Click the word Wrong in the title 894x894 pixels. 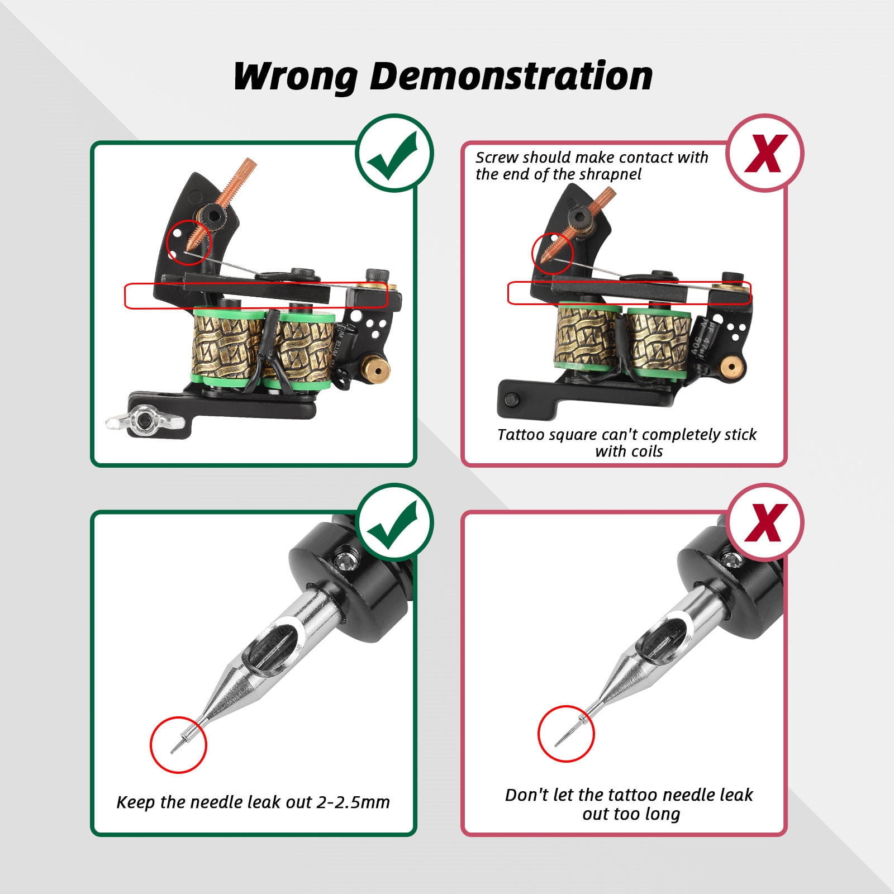[x=295, y=76]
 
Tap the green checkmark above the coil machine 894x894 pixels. [x=395, y=153]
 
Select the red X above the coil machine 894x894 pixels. [x=765, y=153]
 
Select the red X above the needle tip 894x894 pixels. [x=765, y=522]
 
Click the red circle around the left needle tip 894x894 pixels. [x=178, y=745]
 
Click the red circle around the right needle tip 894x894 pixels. [x=566, y=734]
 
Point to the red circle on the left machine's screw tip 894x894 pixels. [x=189, y=241]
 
